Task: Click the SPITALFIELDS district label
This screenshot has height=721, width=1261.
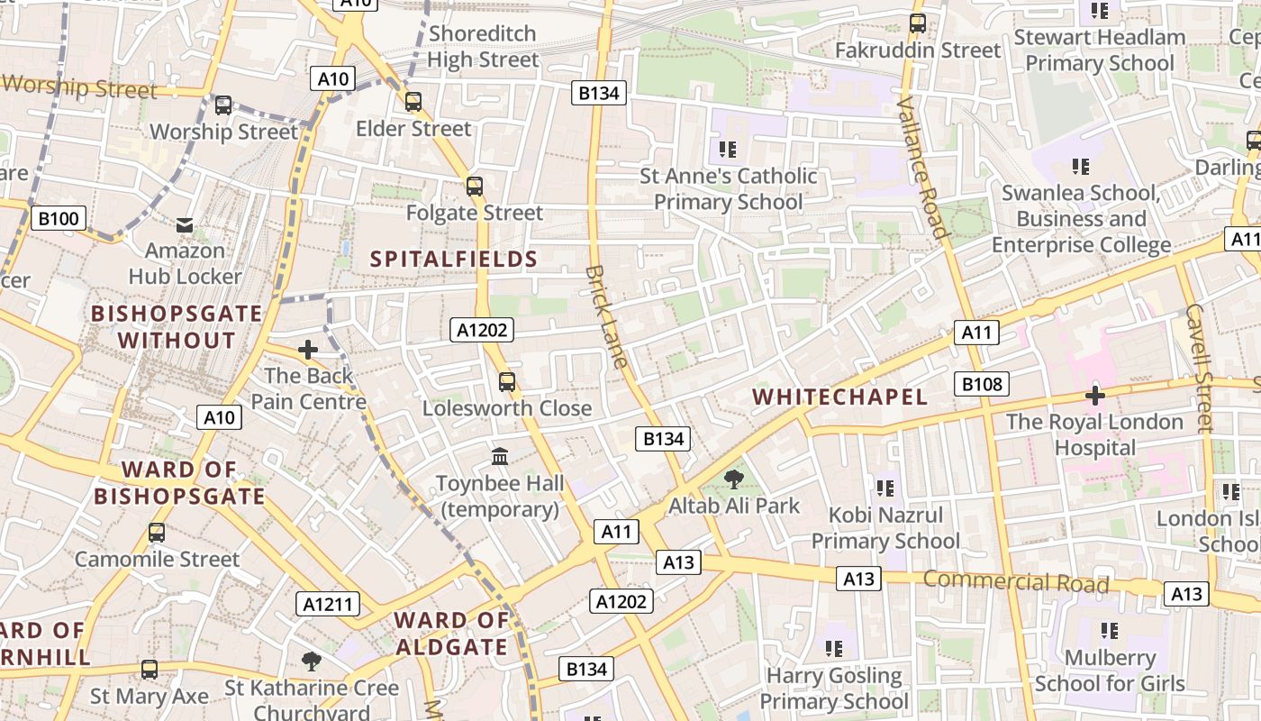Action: [x=454, y=260]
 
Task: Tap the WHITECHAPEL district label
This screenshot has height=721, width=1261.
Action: [x=839, y=397]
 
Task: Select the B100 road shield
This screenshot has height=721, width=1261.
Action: [x=59, y=218]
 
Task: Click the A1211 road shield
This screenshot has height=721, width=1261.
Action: [x=328, y=604]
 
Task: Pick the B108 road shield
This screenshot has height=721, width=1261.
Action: [x=982, y=385]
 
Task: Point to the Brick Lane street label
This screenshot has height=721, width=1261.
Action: [x=606, y=316]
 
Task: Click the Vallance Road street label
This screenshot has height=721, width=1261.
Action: [x=923, y=168]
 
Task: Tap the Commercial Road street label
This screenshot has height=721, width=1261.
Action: [x=1015, y=581]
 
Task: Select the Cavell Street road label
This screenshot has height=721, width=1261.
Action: [x=1199, y=368]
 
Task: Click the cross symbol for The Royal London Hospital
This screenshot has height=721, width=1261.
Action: [x=1095, y=395]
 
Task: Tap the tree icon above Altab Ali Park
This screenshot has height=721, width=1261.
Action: [x=734, y=479]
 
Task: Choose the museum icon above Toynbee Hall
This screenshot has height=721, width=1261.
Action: [x=500, y=457]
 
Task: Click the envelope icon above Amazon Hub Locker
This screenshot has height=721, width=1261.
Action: [x=185, y=224]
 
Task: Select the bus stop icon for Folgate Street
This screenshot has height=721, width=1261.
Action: [x=475, y=187]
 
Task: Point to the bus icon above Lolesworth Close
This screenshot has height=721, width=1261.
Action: [x=507, y=382]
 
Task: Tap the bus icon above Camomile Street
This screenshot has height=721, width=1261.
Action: [x=157, y=533]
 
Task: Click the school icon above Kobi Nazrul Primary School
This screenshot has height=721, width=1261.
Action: [x=885, y=488]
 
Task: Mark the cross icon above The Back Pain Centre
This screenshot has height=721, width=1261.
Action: [x=308, y=350]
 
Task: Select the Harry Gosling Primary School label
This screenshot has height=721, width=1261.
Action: [x=834, y=689]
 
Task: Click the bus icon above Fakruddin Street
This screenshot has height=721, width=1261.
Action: [x=918, y=23]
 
